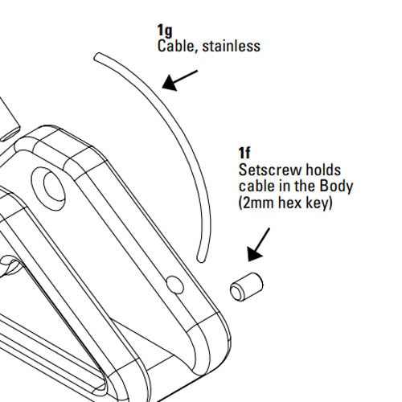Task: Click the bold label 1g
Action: [165, 31]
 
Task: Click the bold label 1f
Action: [244, 153]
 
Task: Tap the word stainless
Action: [231, 46]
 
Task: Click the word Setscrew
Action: [270, 170]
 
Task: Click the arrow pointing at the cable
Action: [180, 80]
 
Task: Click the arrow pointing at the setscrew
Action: [259, 244]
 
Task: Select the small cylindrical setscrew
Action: [247, 287]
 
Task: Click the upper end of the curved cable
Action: [97, 57]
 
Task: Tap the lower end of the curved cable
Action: [201, 259]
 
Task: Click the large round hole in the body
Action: [49, 189]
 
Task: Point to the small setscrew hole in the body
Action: [175, 285]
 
